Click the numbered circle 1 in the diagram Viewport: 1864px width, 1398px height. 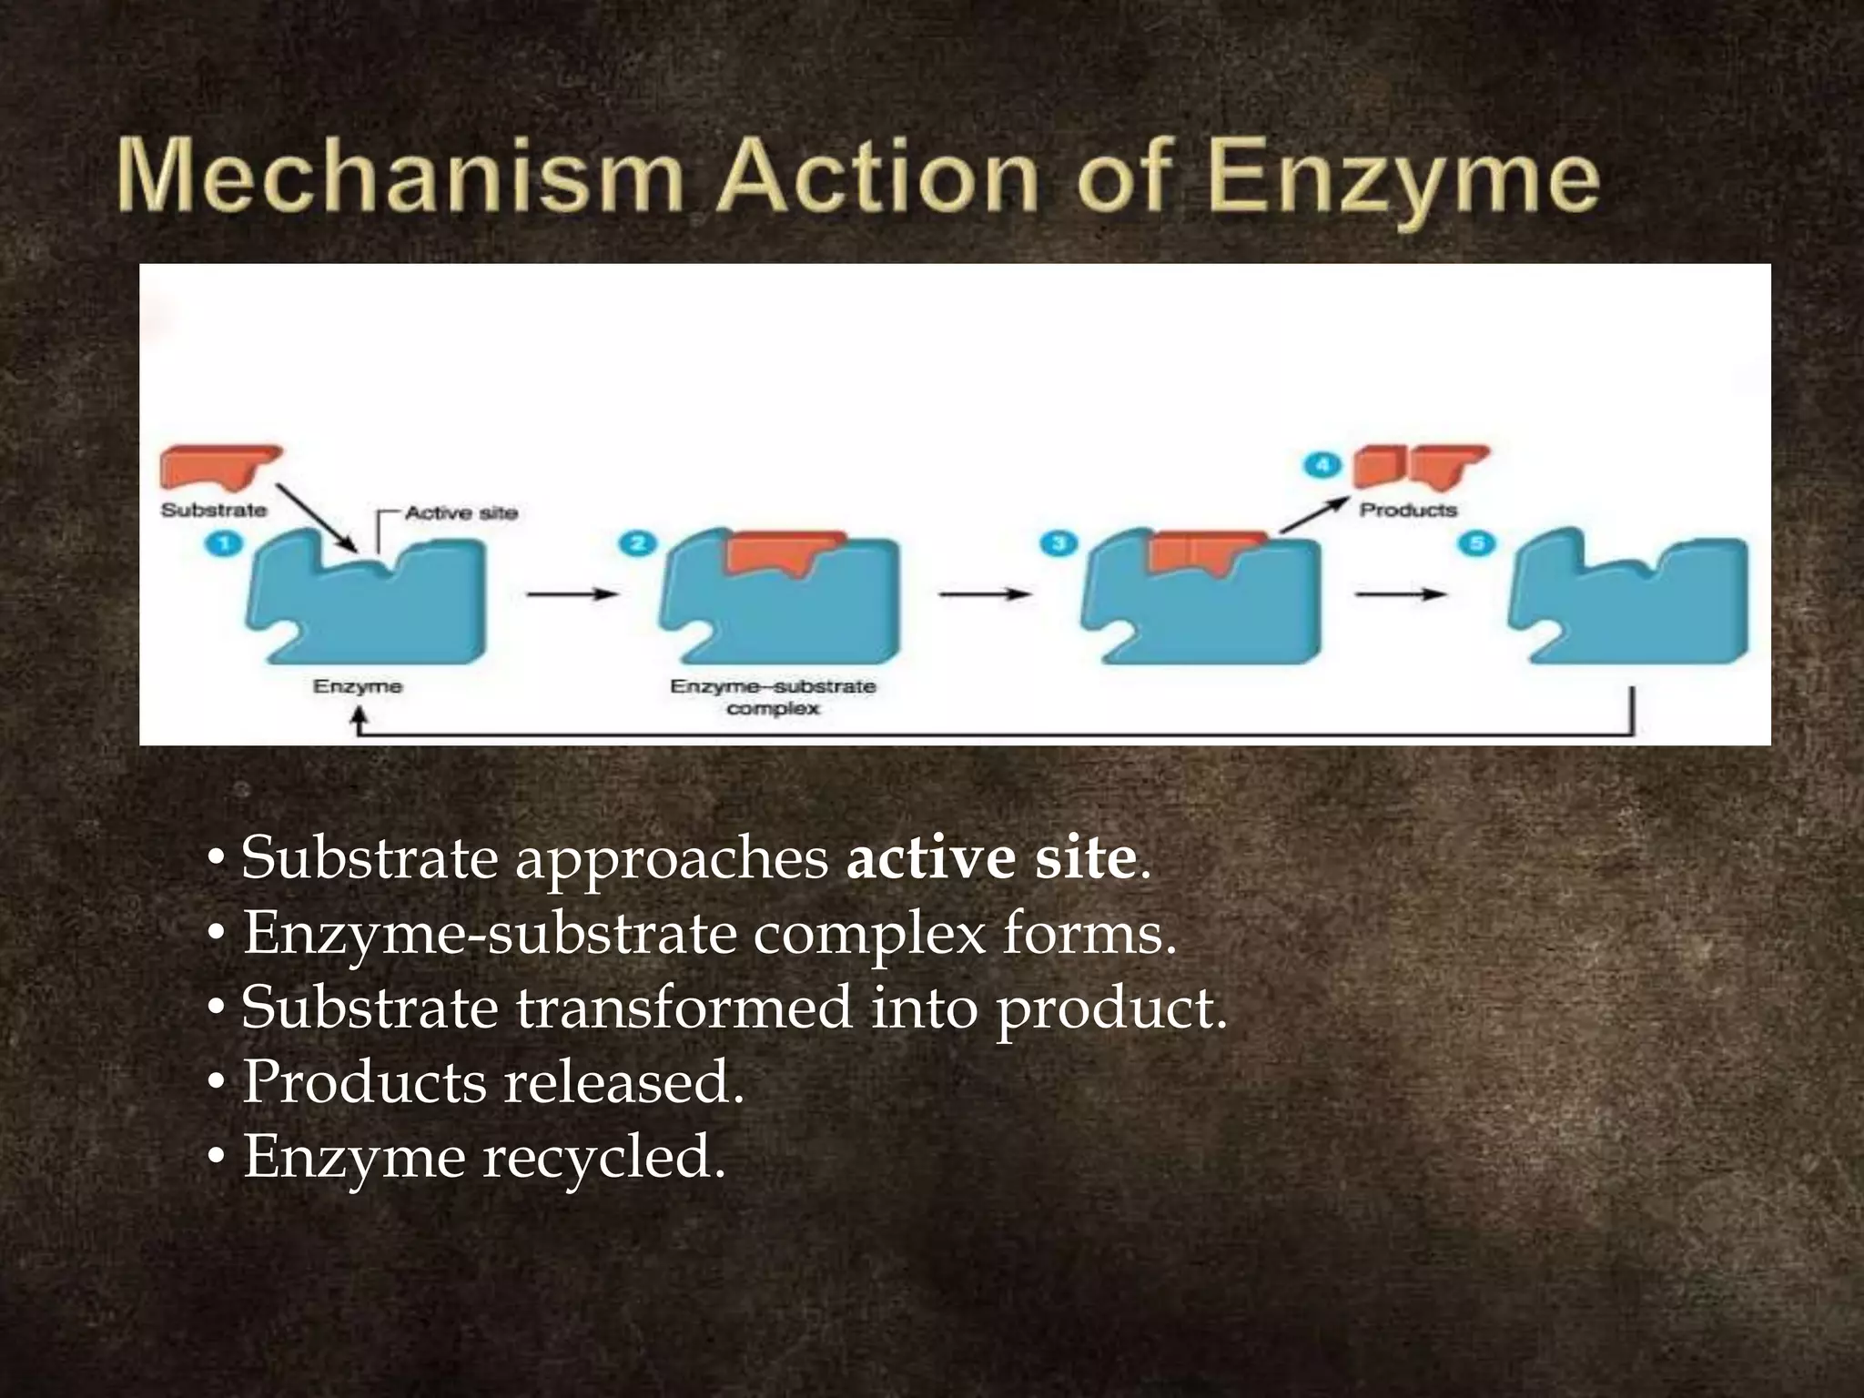tap(225, 544)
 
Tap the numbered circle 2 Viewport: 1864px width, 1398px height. tap(637, 544)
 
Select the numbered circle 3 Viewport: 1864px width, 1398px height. tap(1059, 544)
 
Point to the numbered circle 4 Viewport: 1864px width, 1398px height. tap(1322, 465)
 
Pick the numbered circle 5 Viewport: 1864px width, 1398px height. tap(1476, 544)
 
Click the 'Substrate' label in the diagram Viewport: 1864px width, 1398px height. tap(214, 510)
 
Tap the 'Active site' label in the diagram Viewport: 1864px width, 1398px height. tap(461, 513)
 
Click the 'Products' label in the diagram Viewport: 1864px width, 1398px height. tap(1408, 510)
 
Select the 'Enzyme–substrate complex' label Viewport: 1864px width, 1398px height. tap(773, 697)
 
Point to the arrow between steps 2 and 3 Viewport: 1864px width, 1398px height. tap(984, 594)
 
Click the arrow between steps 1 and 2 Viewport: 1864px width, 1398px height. tap(572, 594)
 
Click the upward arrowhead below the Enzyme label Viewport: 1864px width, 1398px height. tap(359, 719)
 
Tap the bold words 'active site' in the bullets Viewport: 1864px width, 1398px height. tap(991, 858)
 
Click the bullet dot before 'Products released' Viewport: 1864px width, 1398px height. tap(216, 1084)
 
